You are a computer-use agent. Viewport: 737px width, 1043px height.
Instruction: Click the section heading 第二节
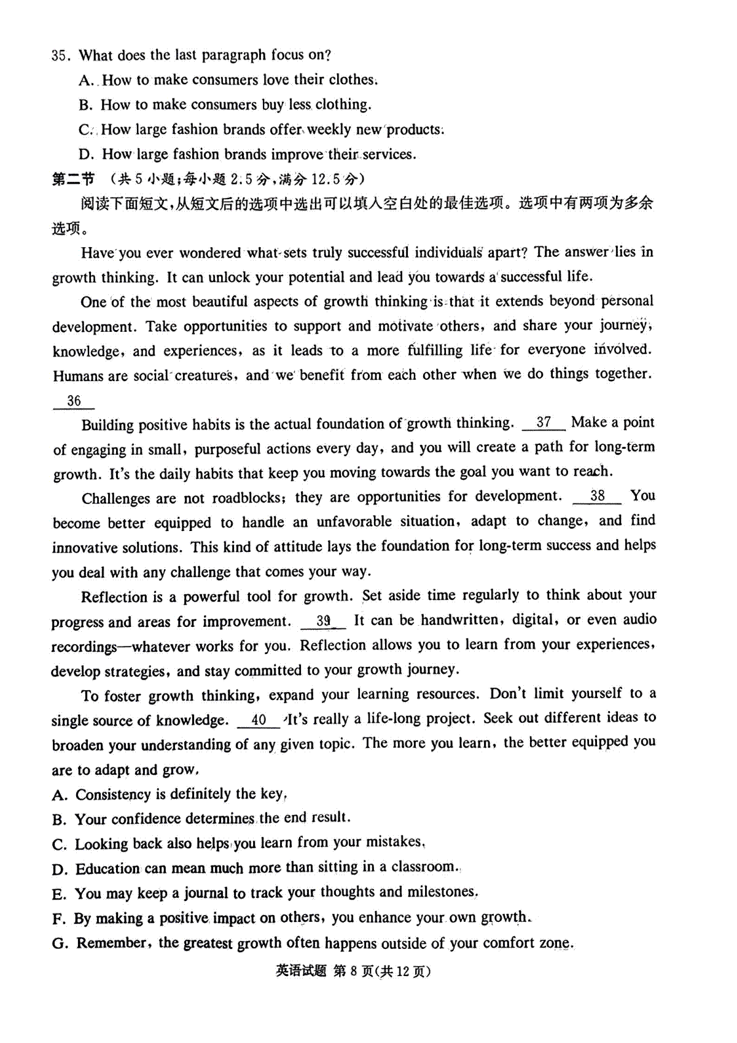pos(73,179)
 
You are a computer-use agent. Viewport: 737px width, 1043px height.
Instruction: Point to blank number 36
pos(74,401)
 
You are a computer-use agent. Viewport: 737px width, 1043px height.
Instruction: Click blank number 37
pos(544,422)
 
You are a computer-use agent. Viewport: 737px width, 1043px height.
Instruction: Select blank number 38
pos(597,496)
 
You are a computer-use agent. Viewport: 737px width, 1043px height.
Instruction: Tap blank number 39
pos(324,621)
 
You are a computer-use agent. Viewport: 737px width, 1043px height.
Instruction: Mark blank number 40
pos(259,720)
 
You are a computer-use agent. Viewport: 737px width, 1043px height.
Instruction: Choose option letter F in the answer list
pos(59,919)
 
